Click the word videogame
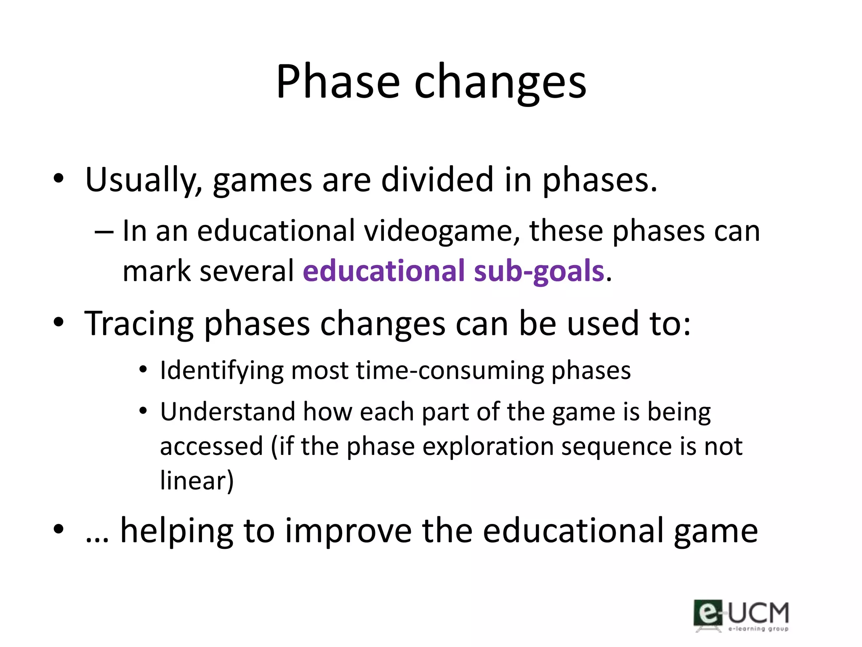pos(442,232)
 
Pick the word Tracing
pos(139,325)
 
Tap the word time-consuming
pos(450,371)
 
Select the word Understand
pos(228,412)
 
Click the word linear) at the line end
pos(197,481)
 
